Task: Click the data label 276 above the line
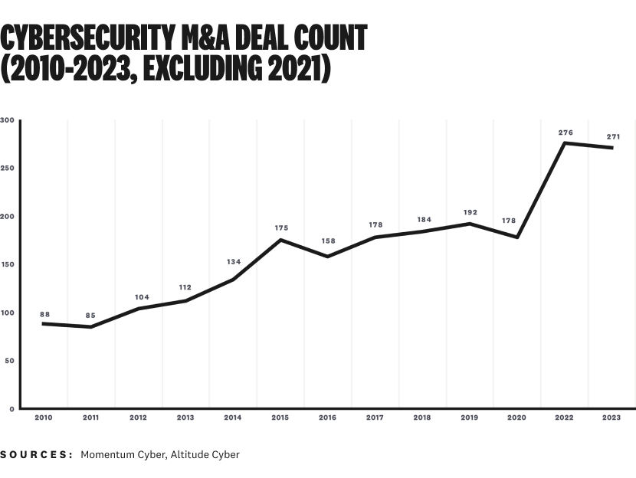click(x=566, y=133)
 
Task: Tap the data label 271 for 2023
click(x=613, y=137)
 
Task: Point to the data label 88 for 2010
click(x=44, y=314)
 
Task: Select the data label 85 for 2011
click(x=90, y=316)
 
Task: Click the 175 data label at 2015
click(x=281, y=228)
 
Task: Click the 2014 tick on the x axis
click(x=233, y=417)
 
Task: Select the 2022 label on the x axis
click(x=565, y=417)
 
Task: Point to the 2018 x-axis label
click(x=422, y=417)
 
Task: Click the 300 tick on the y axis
click(x=8, y=120)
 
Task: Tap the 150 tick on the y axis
click(x=8, y=264)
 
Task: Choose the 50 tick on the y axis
click(x=9, y=361)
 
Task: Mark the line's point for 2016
click(x=328, y=257)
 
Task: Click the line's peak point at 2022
click(x=565, y=142)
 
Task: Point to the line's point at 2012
click(x=139, y=309)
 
